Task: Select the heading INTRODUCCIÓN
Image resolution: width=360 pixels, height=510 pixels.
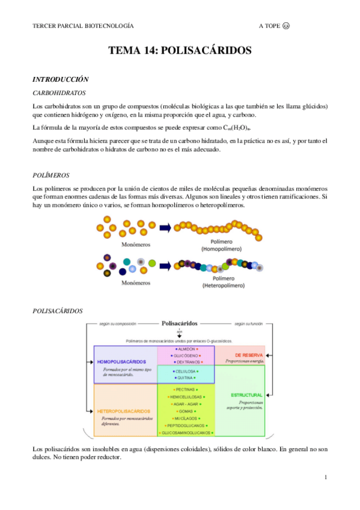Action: click(60, 79)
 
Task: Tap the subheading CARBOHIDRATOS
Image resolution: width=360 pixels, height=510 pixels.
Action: click(59, 93)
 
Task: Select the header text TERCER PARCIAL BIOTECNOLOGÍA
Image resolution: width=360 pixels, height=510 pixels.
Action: click(83, 26)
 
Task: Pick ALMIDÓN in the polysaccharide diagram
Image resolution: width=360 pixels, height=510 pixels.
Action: click(186, 348)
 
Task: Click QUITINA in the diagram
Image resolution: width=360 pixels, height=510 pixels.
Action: click(186, 378)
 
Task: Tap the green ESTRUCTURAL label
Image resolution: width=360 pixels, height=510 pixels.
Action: click(246, 395)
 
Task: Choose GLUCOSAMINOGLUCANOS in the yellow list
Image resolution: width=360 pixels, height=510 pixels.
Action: click(186, 432)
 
